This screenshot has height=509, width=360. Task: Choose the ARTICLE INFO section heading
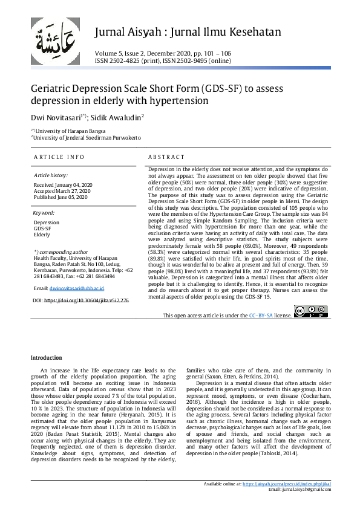point(59,157)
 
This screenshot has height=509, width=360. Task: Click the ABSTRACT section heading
point(166,157)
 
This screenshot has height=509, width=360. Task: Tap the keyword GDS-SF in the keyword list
point(42,229)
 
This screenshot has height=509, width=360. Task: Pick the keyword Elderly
point(42,235)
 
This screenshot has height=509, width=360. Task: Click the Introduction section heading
point(47,358)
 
